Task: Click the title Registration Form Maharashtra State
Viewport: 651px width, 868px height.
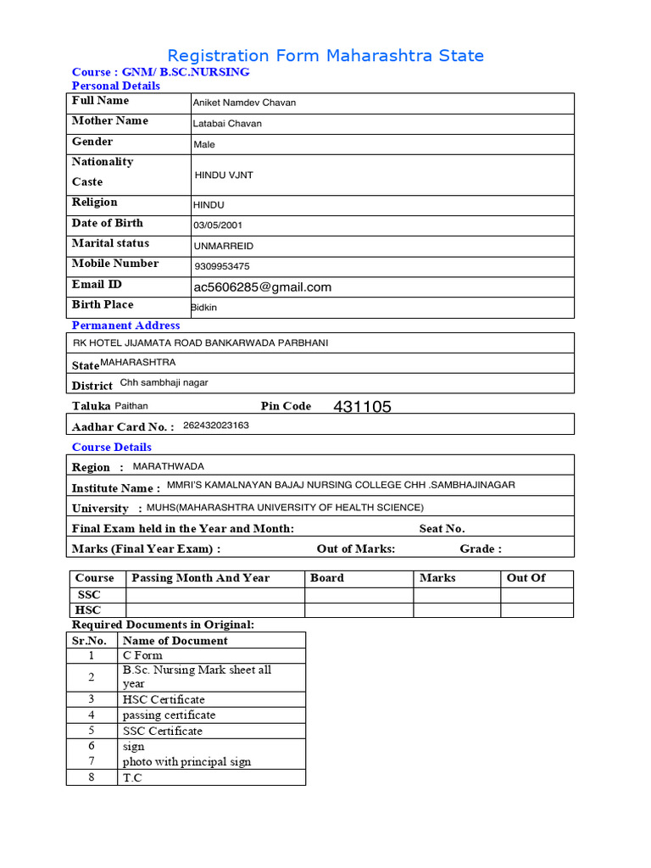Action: [x=325, y=56]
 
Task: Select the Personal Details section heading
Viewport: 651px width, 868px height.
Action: [x=116, y=86]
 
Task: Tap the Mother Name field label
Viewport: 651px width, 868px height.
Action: [x=110, y=121]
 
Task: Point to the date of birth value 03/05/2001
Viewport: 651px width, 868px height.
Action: [x=218, y=225]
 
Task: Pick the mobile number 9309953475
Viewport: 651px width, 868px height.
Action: [x=222, y=266]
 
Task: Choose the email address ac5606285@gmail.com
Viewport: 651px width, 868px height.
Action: [x=263, y=287]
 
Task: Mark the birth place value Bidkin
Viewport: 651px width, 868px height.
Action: [x=204, y=308]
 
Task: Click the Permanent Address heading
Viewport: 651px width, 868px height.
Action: [x=125, y=325]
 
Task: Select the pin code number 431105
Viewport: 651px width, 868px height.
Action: [x=363, y=407]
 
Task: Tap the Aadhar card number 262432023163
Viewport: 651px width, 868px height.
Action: [x=216, y=426]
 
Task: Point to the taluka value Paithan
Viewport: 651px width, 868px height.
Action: [x=131, y=406]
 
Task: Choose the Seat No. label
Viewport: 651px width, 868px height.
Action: [x=442, y=529]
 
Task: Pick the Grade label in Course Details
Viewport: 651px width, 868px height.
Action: [x=481, y=549]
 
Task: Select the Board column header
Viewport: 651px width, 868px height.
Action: [x=327, y=578]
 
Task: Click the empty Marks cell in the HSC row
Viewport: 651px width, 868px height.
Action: [x=456, y=610]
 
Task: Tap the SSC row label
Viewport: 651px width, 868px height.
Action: [x=89, y=595]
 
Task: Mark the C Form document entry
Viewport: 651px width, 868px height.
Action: [x=142, y=655]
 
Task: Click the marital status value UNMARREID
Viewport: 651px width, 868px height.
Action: [x=224, y=247]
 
